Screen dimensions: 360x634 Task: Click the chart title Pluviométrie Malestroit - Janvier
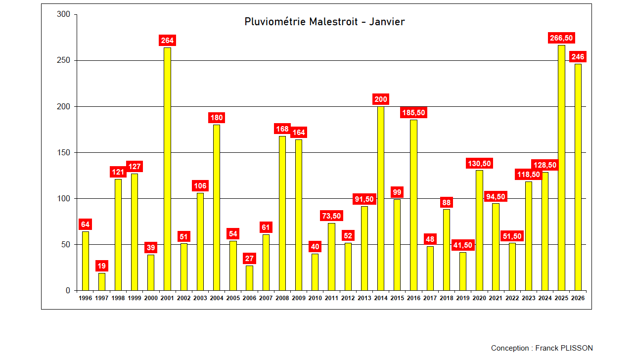pos(324,22)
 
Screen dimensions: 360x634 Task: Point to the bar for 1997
pos(102,281)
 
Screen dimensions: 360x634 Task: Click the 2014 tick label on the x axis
pos(381,298)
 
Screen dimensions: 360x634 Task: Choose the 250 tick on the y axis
pos(66,61)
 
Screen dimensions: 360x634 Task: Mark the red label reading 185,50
pos(413,113)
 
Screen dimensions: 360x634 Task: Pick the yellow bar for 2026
pos(578,177)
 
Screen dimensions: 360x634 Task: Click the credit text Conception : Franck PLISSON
pos(542,348)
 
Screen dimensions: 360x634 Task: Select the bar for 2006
pos(249,278)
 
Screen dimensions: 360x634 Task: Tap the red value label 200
pos(381,99)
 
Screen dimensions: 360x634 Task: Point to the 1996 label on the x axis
pos(85,298)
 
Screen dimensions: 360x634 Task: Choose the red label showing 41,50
pos(463,245)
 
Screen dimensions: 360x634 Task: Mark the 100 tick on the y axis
pos(66,199)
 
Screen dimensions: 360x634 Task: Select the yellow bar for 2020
pos(479,230)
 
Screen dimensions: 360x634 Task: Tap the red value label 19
pos(101,266)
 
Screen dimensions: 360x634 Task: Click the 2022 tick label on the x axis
pos(512,298)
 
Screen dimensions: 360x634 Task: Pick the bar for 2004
pos(217,207)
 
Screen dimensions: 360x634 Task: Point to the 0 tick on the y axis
pos(68,291)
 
